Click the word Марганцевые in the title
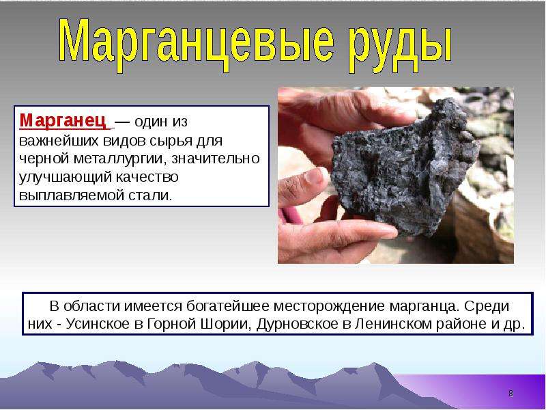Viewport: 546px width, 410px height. tap(197, 42)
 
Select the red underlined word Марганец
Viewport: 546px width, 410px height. tap(63, 121)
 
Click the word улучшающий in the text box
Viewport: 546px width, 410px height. tap(64, 177)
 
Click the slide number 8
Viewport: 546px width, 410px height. tap(511, 394)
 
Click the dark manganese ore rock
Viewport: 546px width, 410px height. tap(404, 167)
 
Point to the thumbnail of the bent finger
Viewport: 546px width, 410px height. tap(315, 176)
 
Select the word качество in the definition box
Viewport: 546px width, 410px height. tap(147, 177)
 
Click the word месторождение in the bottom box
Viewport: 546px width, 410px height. tap(330, 306)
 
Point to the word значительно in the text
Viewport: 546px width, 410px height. tap(216, 159)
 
